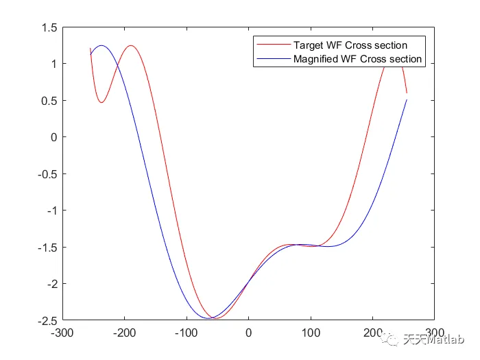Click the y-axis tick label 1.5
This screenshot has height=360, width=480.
pos(48,27)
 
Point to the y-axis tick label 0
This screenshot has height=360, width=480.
pos(53,137)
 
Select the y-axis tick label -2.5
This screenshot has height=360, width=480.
pos(46,320)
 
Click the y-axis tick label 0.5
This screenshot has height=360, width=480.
pos(48,101)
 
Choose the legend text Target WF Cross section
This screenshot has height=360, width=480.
pos(350,45)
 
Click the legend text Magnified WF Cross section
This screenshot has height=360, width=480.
pos(357,59)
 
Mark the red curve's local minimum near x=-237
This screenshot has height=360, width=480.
pos(101,103)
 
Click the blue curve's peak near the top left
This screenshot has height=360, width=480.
pos(101,45)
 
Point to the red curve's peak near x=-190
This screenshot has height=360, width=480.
pos(130,46)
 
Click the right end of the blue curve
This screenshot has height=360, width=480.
pos(407,100)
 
